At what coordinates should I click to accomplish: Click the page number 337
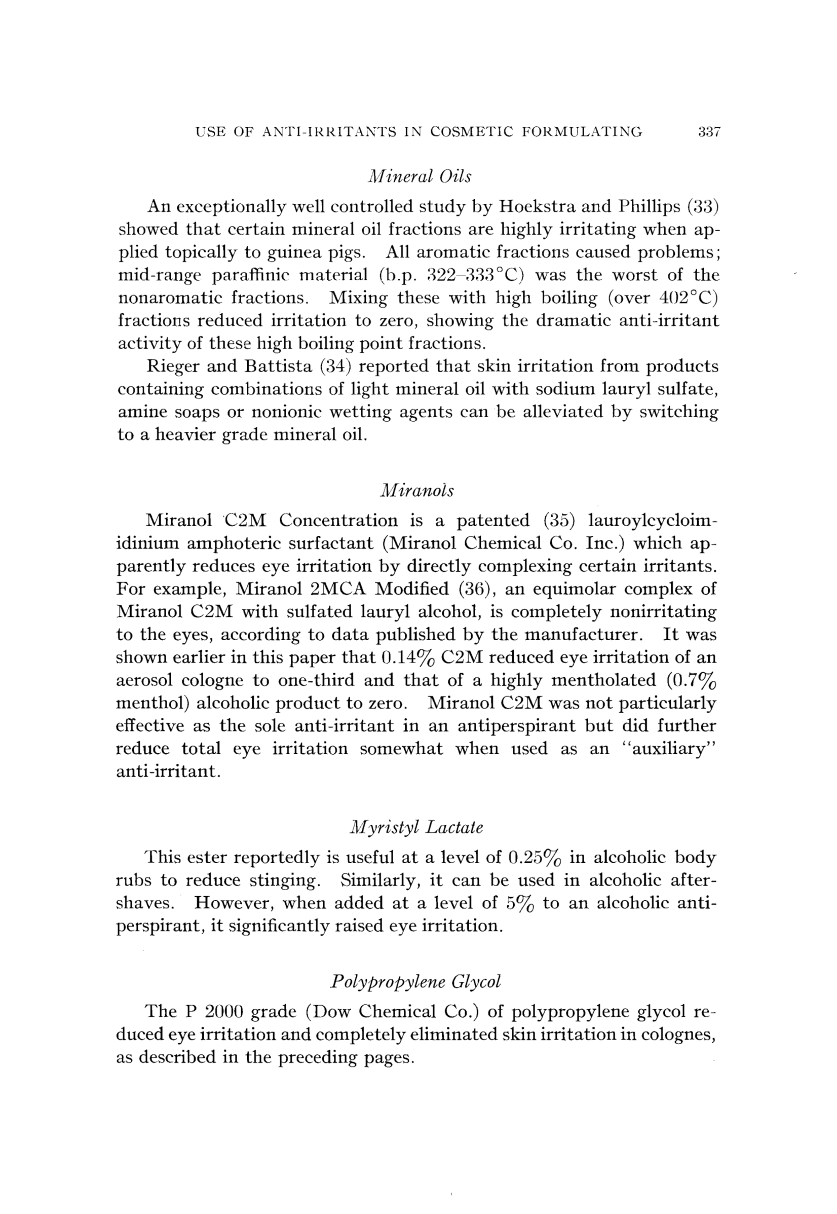[710, 132]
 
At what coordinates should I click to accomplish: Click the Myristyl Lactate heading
[416, 827]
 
